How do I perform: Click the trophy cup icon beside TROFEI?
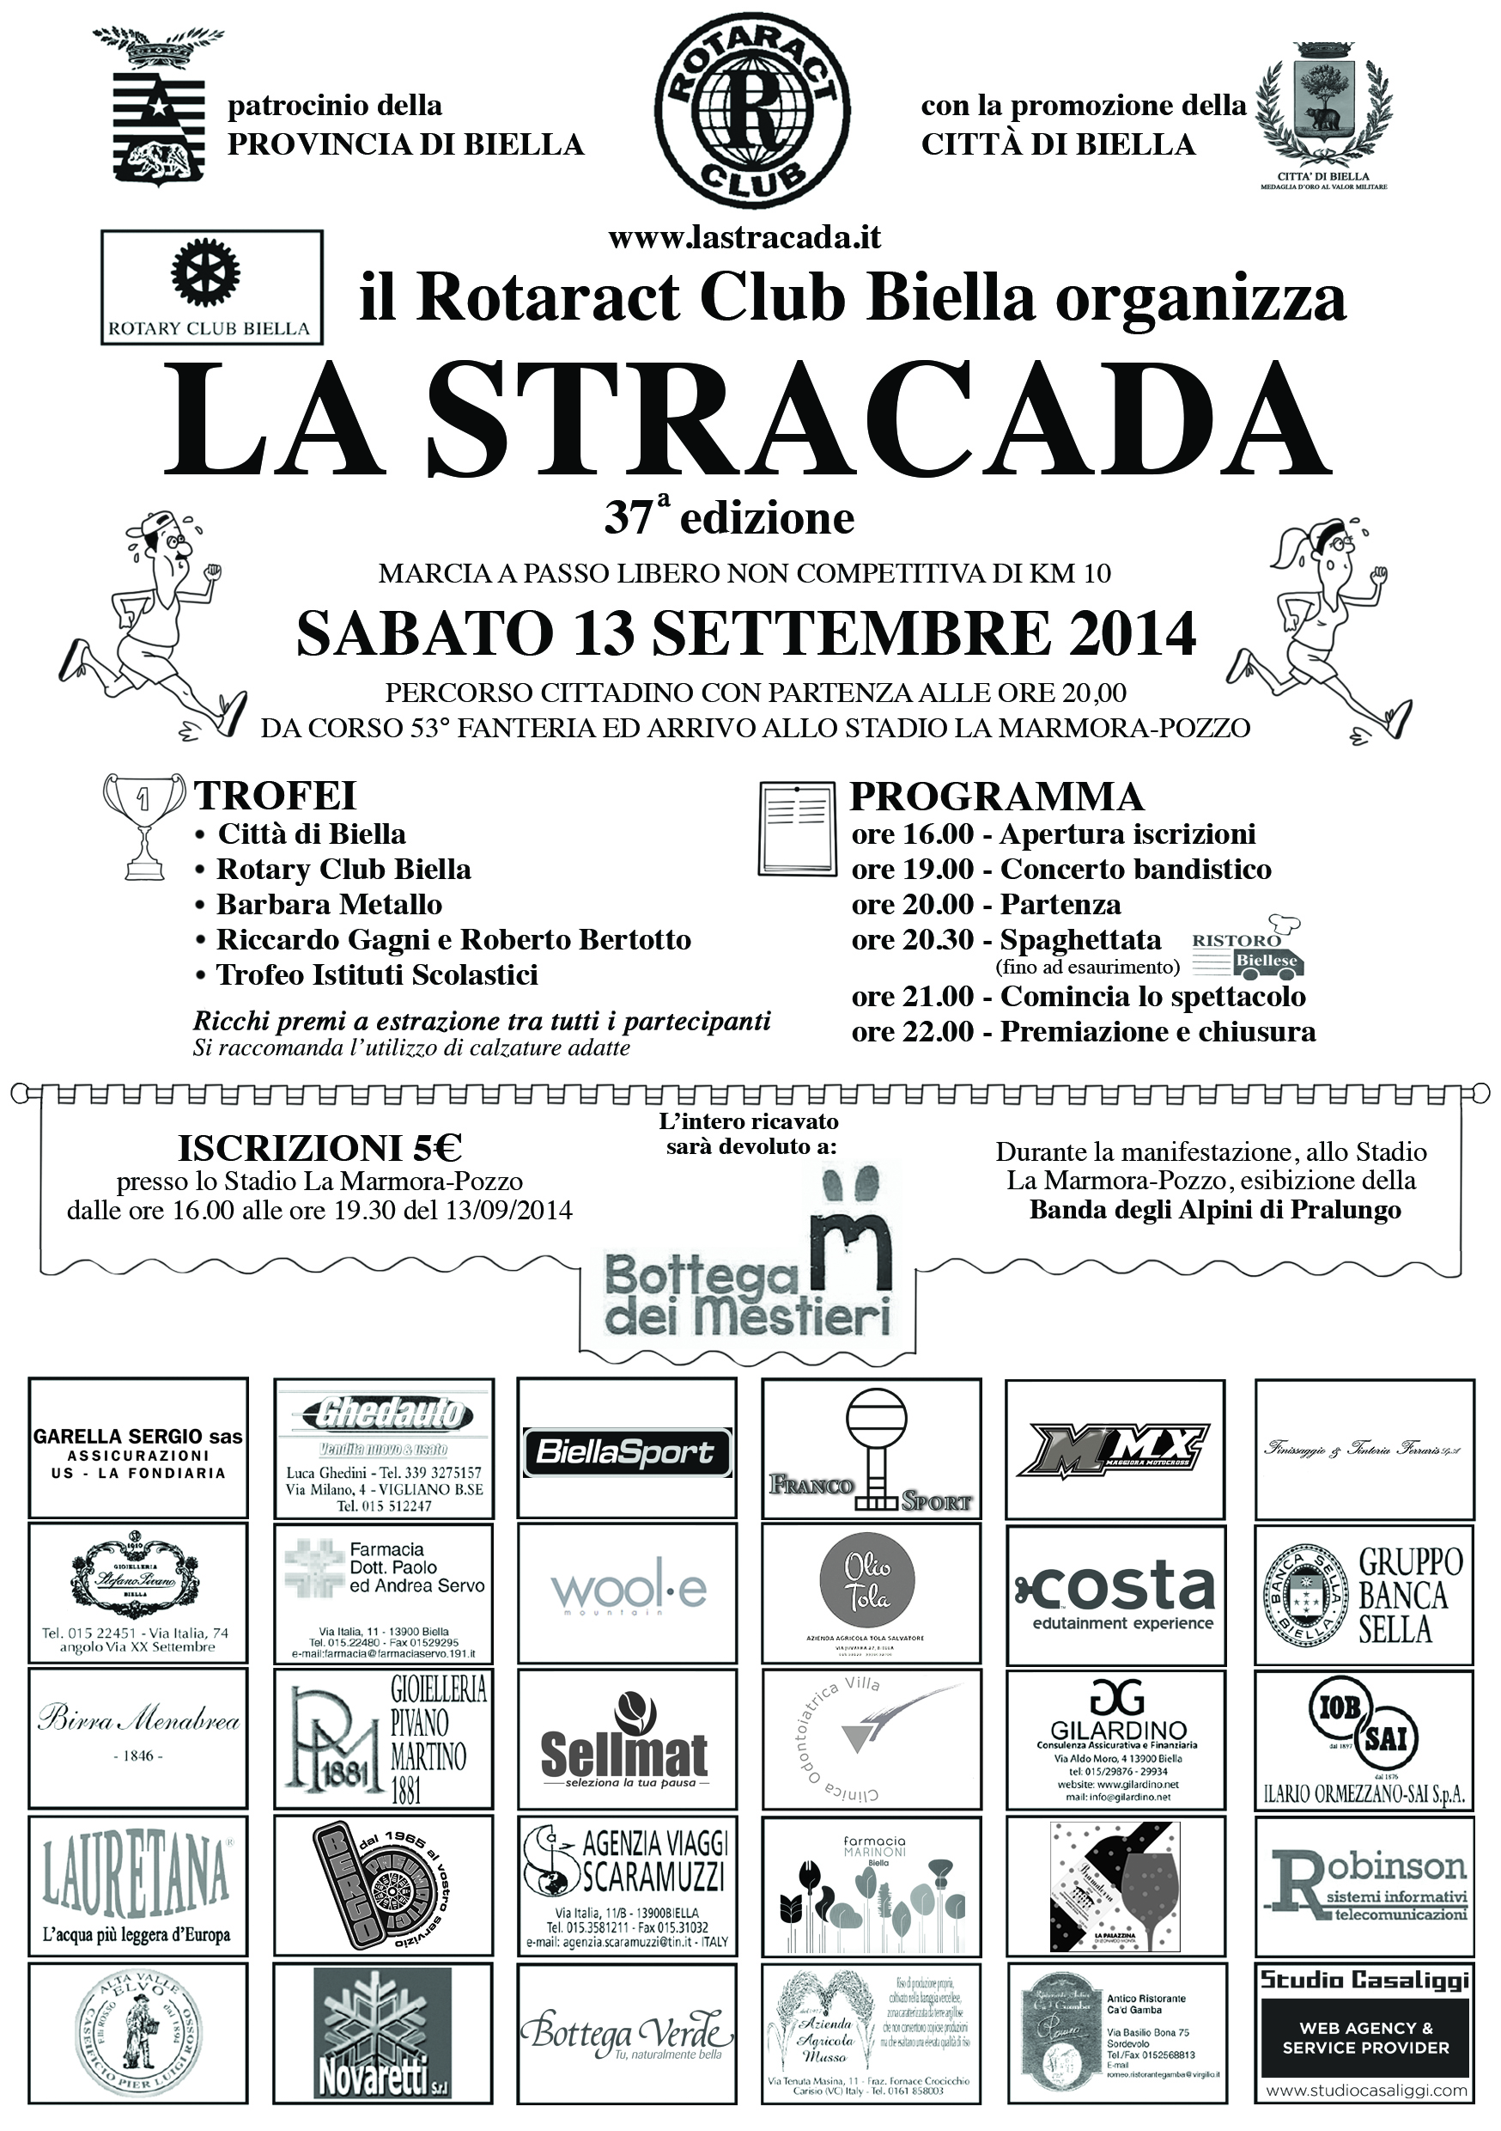click(x=143, y=825)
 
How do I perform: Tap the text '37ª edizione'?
click(x=729, y=517)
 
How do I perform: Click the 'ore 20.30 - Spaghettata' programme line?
click(x=1006, y=940)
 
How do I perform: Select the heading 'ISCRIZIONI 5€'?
click(x=320, y=1148)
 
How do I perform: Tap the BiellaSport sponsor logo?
click(x=626, y=1452)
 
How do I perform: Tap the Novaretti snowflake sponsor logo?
click(x=382, y=2034)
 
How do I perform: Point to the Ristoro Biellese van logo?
click(x=1249, y=950)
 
